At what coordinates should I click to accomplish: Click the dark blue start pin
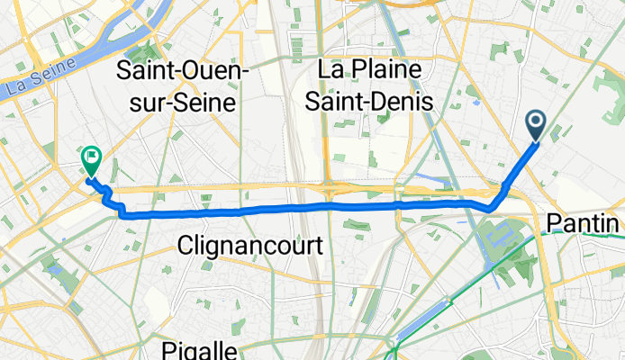coord(535,124)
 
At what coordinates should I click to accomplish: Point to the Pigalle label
coord(200,349)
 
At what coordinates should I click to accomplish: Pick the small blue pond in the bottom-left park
coord(55,268)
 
